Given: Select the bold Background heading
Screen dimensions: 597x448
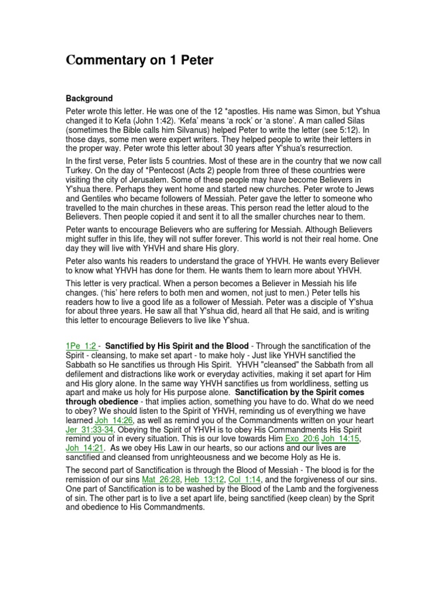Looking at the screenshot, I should click(89, 99).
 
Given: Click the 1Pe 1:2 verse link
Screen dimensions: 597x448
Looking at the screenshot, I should click(81, 346).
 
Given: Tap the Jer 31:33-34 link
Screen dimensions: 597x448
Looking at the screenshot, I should click(91, 429).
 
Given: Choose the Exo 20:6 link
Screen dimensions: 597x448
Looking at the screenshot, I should click(302, 438).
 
